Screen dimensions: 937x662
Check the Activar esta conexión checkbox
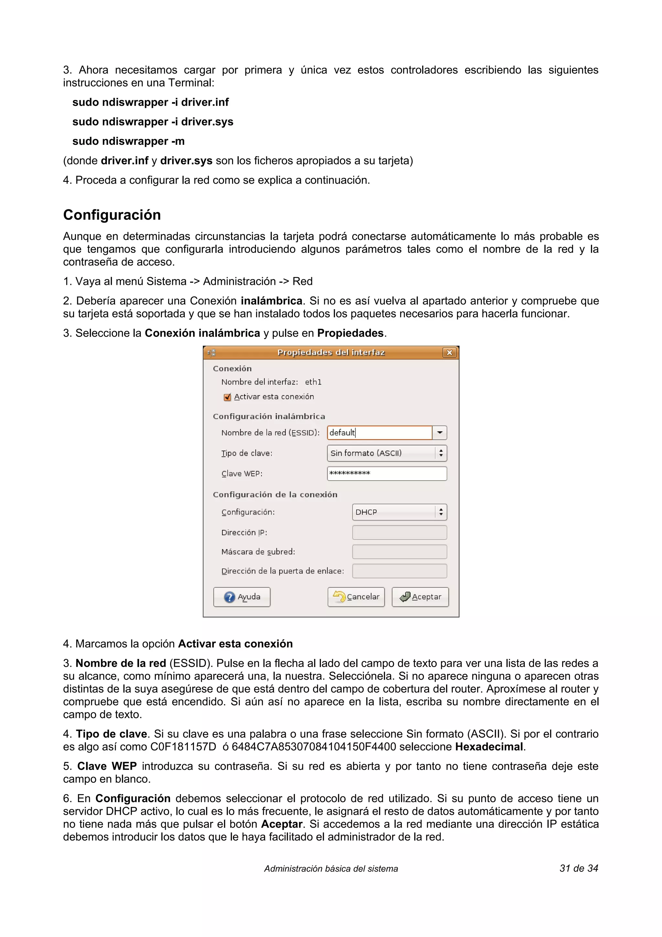click(228, 397)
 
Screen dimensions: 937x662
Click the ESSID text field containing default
click(379, 433)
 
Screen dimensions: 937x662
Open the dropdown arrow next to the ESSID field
click(440, 433)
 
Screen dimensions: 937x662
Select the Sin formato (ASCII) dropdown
click(387, 453)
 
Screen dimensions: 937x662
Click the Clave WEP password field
click(387, 473)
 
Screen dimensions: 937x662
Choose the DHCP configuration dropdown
click(399, 512)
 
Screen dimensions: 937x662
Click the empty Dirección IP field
click(399, 533)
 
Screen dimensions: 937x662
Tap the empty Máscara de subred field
click(399, 552)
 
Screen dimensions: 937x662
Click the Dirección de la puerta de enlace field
click(399, 571)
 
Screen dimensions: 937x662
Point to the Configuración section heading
click(112, 215)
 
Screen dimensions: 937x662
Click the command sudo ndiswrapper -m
click(128, 141)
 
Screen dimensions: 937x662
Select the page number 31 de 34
click(578, 868)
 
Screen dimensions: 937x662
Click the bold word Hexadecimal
click(489, 747)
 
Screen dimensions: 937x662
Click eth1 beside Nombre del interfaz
click(313, 382)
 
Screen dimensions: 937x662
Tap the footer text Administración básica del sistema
click(331, 869)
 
